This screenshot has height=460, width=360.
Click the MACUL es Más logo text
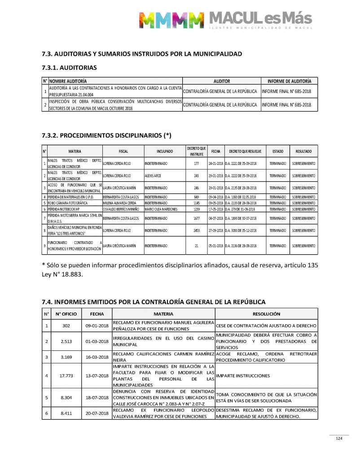click(x=260, y=18)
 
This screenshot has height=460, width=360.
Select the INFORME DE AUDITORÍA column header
click(x=289, y=81)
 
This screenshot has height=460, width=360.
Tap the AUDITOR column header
click(x=222, y=81)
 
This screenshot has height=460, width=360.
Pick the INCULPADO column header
click(x=165, y=151)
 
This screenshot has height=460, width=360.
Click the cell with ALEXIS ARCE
click(x=153, y=176)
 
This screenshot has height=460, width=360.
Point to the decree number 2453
click(x=196, y=230)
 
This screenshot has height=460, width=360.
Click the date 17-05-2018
click(x=215, y=209)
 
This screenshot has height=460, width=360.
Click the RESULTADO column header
click(x=304, y=151)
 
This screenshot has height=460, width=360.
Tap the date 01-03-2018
click(x=97, y=341)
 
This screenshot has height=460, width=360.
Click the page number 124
click(x=339, y=438)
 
